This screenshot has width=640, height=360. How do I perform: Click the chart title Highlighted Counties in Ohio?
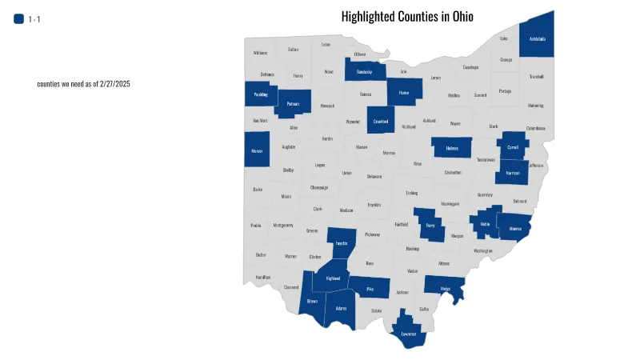pos(407,17)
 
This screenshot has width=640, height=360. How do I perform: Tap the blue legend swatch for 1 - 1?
pos(19,19)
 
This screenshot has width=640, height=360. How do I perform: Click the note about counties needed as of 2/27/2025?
pos(94,84)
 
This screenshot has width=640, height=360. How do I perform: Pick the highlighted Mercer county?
pos(257,150)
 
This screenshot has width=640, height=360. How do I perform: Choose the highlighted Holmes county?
pos(452,148)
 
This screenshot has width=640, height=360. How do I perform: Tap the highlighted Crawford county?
pos(381,121)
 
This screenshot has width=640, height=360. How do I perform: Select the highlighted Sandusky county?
pos(365,71)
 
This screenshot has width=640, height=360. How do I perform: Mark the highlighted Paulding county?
pos(261,94)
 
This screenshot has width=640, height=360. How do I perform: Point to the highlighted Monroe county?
pos(514,228)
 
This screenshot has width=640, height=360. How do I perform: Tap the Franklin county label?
pos(374,205)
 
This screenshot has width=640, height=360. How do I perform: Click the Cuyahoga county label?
pos(470,67)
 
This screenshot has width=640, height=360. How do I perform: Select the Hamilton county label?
pos(263,277)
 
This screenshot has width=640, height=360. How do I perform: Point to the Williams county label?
pos(260,53)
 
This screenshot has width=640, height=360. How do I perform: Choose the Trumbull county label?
pos(536,77)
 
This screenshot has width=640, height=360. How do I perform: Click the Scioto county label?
pos(376,310)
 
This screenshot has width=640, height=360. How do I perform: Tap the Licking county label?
pos(412,193)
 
